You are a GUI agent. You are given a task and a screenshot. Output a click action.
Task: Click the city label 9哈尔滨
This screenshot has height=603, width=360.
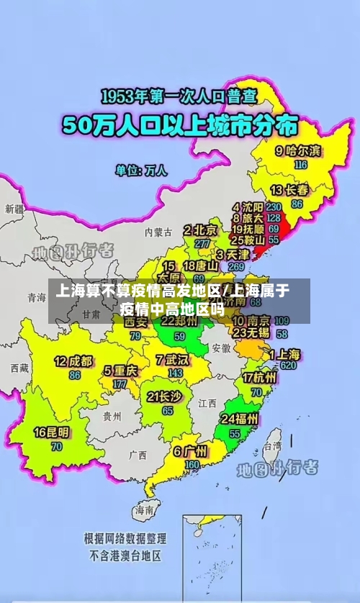point(298,151)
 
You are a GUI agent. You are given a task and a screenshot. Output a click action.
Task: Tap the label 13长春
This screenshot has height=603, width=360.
point(289,191)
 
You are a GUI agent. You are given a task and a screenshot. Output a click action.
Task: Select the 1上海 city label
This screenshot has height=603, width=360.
point(284,354)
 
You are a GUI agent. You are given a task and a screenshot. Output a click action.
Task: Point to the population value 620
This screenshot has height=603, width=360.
point(288,366)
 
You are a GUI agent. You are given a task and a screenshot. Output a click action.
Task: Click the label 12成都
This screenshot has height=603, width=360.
point(73,361)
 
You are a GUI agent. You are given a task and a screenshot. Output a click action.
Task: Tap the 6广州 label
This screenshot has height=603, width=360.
point(190,452)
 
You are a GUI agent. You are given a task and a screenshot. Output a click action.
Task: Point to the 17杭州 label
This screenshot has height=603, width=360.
point(259,378)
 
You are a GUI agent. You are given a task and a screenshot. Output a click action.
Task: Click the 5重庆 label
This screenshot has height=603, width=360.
point(120,371)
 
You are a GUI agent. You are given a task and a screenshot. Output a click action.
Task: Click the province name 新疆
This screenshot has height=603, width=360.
point(14,209)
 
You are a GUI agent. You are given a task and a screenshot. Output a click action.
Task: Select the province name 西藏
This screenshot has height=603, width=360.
point(19,368)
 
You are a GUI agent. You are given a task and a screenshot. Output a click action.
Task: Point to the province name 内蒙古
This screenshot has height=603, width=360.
point(158,232)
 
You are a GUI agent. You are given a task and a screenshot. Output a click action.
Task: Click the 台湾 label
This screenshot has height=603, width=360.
point(271,446)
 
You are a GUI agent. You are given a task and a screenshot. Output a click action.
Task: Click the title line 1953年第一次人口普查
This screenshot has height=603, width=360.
point(179,95)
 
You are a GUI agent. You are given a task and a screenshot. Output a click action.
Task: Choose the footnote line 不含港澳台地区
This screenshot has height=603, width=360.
point(125,556)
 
